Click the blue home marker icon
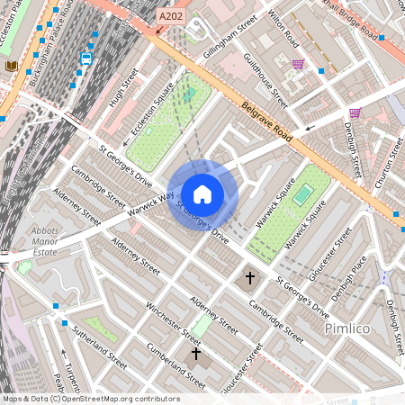point(202,194)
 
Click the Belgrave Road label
point(267,125)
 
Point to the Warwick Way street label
point(150,201)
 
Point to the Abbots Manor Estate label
point(44,242)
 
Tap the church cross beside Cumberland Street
point(195,354)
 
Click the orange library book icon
point(11,66)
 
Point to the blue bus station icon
point(86,58)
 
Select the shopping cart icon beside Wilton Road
point(298,64)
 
